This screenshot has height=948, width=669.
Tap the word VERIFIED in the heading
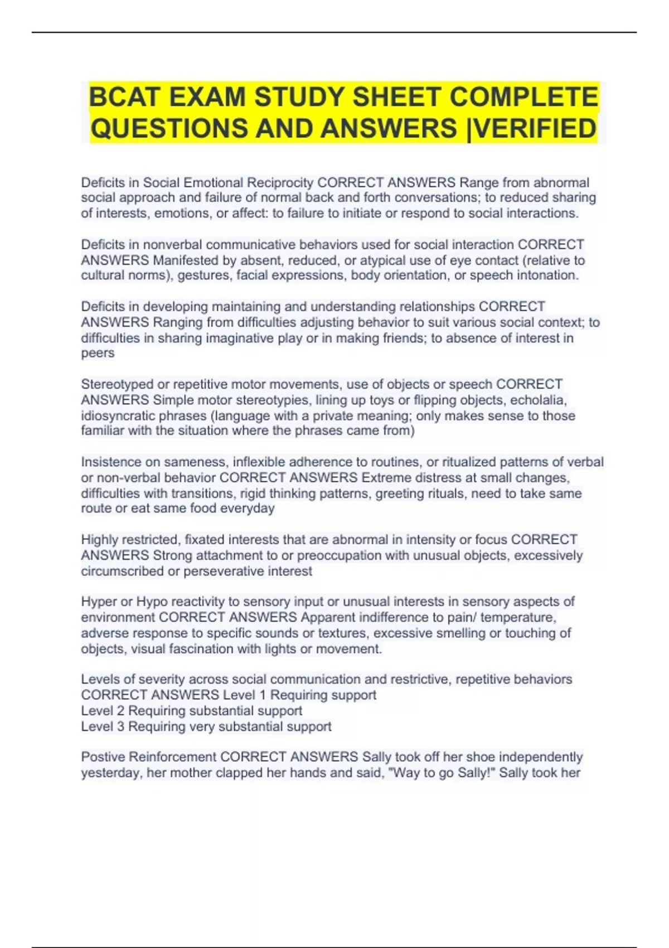tap(535, 128)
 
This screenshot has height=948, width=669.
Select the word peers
tap(98, 353)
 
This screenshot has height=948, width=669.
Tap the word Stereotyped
tap(117, 384)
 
